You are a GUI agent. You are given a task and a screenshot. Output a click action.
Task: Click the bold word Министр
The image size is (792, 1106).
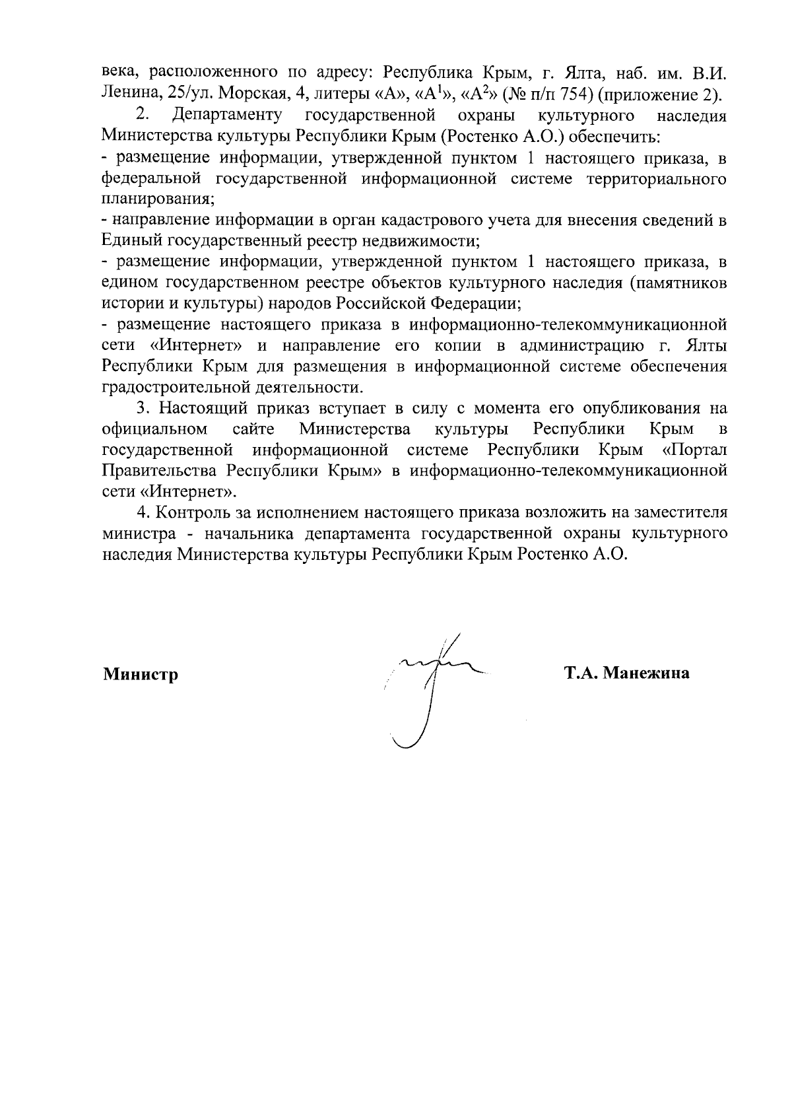[x=141, y=674]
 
